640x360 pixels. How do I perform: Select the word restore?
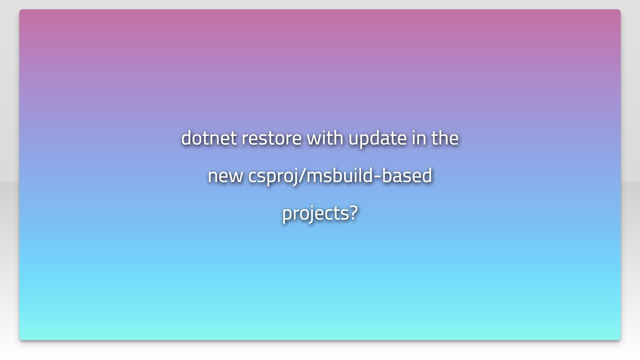pos(271,138)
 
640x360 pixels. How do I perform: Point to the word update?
pos(377,138)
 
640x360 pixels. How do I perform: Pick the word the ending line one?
pos(445,138)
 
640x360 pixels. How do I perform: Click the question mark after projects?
pos(353,212)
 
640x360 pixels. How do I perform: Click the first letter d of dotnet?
pos(187,138)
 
